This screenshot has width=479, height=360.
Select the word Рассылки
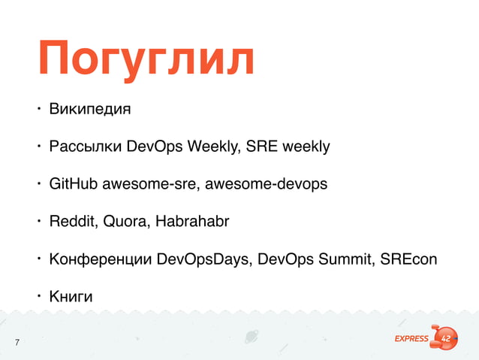click(x=84, y=146)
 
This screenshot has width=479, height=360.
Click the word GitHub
click(x=73, y=183)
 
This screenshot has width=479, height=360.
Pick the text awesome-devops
click(x=266, y=183)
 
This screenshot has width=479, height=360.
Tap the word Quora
click(x=122, y=222)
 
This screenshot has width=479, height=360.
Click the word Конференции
click(x=100, y=260)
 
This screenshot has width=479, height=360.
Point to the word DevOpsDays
click(x=203, y=260)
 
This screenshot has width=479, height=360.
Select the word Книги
click(x=71, y=298)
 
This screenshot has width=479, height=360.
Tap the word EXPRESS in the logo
click(x=412, y=338)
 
